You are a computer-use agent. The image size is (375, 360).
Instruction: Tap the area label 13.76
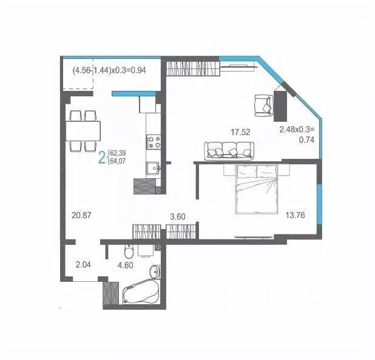click(x=296, y=213)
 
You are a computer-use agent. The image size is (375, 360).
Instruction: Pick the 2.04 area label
click(x=84, y=264)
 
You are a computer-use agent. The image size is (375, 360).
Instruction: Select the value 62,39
click(x=118, y=154)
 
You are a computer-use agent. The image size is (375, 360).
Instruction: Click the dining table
click(x=84, y=130)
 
